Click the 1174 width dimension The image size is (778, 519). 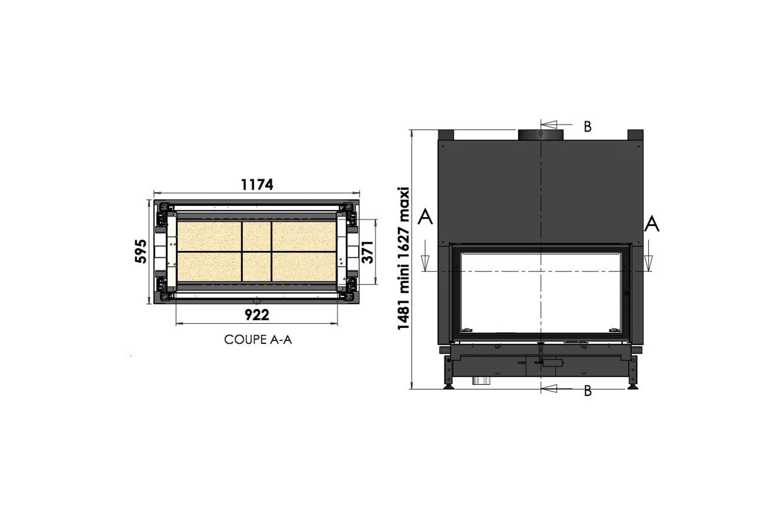pos(257,185)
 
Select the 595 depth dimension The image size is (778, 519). pos(141,251)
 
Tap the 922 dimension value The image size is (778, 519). pos(257,315)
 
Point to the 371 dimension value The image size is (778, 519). pos(368,252)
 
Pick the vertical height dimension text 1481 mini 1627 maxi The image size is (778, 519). pos(404,259)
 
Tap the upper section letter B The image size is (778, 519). pos(588,127)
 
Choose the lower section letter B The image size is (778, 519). pos(588,391)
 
